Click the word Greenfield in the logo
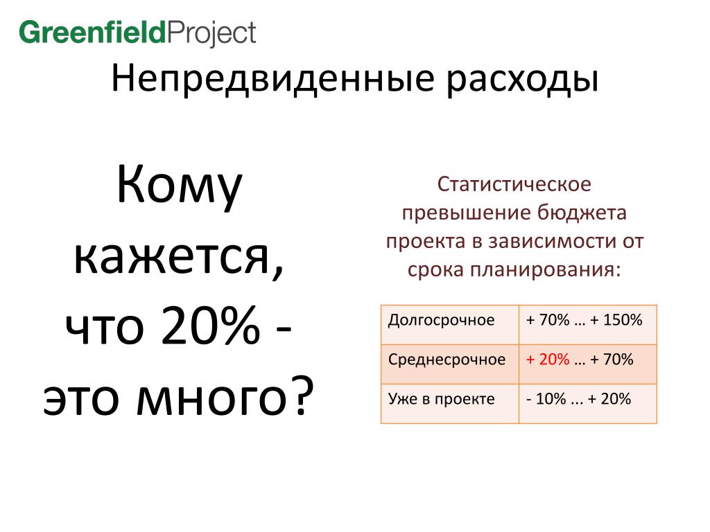(x=93, y=32)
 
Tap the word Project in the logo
(x=211, y=34)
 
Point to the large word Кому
(x=180, y=186)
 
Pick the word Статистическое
(x=514, y=184)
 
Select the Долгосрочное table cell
(x=449, y=324)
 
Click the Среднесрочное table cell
(x=449, y=364)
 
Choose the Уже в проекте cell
(x=449, y=404)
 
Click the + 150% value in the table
(x=616, y=320)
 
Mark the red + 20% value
(x=548, y=360)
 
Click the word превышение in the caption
(x=467, y=213)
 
